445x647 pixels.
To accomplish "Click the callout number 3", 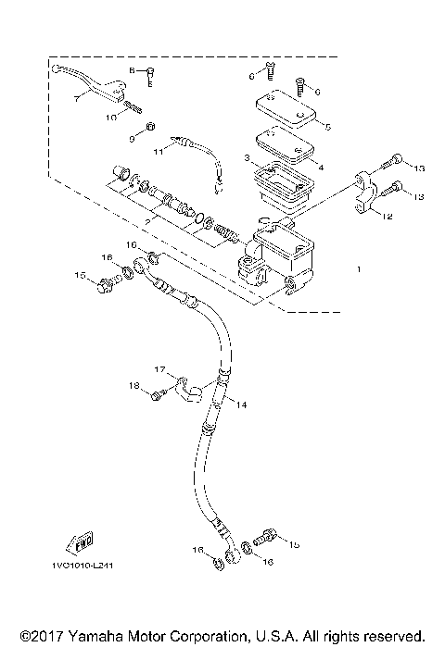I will [x=246, y=159].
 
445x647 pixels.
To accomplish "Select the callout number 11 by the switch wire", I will [x=159, y=148].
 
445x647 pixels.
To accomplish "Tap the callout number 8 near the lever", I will [x=133, y=70].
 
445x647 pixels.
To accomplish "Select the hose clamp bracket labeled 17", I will [x=189, y=391].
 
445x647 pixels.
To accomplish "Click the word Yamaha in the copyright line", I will [x=100, y=637].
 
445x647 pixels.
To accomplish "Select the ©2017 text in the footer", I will [x=38, y=637].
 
